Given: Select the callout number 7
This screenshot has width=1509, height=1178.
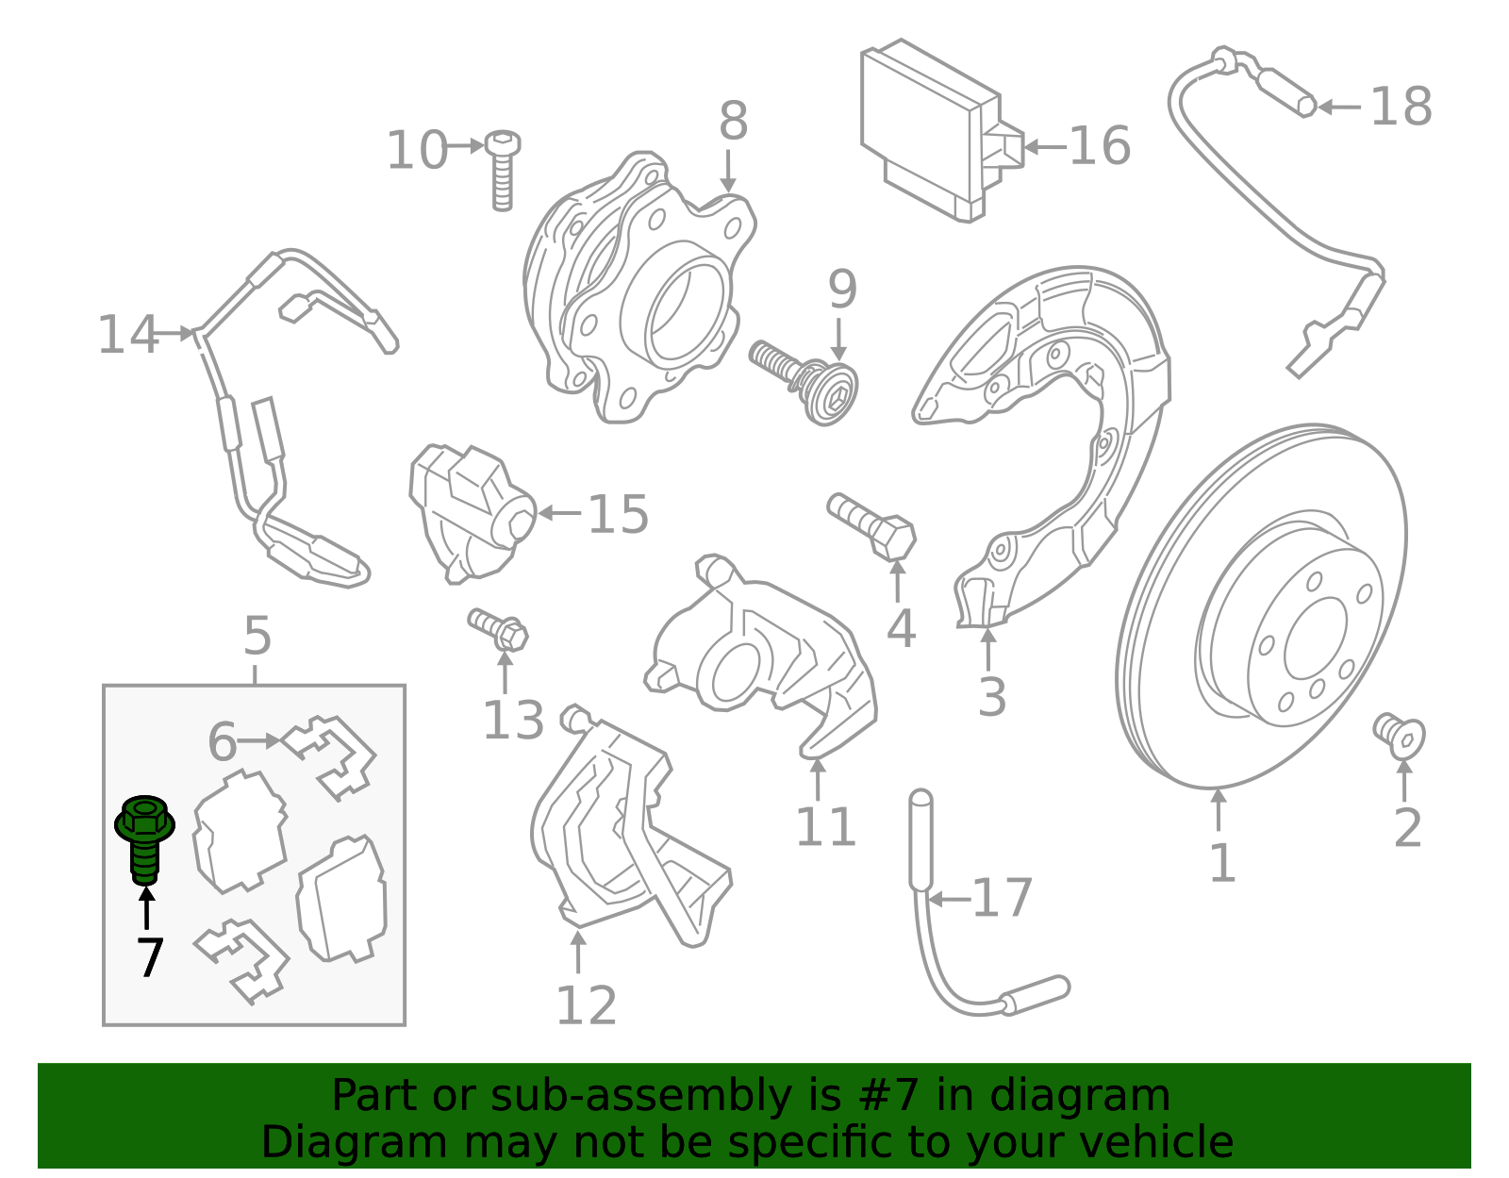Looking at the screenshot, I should [x=150, y=958].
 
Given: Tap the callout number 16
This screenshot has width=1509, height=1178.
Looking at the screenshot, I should [x=1099, y=146].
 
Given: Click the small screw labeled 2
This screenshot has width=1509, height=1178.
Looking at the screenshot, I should [x=1399, y=736].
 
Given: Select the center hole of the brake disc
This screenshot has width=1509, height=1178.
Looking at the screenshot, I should [x=1315, y=638].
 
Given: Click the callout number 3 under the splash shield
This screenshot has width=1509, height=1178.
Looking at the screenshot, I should [x=991, y=697].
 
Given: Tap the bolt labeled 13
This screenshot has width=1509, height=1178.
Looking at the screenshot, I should [x=499, y=628].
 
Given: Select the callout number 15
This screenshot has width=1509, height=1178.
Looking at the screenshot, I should [x=618, y=515].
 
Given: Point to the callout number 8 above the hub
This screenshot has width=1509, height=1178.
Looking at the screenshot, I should [x=733, y=122].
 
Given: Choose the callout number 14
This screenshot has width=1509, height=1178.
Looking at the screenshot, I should [x=128, y=335].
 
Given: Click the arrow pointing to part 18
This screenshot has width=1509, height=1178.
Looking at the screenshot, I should [x=1340, y=108].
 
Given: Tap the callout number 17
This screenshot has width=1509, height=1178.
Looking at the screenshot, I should [x=1002, y=898].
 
